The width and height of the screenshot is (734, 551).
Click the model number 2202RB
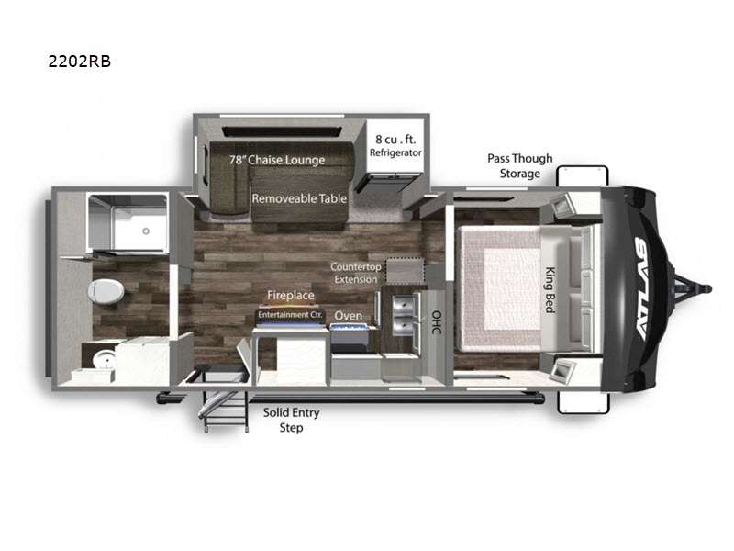click(80, 62)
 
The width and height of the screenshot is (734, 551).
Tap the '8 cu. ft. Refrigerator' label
click(395, 146)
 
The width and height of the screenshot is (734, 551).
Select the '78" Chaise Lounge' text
click(277, 160)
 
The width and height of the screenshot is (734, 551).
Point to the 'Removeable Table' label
click(299, 198)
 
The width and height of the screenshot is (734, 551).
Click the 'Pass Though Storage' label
click(520, 166)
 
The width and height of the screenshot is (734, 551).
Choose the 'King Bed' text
click(550, 289)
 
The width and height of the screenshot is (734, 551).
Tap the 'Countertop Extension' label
click(356, 273)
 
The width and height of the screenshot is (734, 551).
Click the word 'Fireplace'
click(291, 295)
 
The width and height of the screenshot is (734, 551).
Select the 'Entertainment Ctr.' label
click(290, 314)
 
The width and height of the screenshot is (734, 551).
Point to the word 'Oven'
click(349, 316)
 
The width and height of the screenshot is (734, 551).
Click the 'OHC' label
click(437, 322)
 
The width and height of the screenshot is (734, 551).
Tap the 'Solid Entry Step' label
click(291, 420)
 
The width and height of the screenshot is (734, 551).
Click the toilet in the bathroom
click(106, 291)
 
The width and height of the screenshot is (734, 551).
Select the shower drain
click(146, 231)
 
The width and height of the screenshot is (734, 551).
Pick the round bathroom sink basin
click(104, 360)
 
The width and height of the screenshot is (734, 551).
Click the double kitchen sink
click(403, 317)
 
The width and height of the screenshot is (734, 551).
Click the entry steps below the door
click(225, 411)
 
